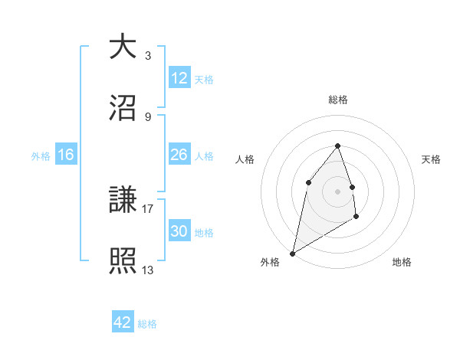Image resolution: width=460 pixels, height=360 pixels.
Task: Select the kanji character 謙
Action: [x=123, y=201]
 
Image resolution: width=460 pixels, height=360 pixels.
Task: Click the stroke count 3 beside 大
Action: [x=148, y=56]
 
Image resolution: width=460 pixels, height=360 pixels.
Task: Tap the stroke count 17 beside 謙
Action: [x=148, y=208]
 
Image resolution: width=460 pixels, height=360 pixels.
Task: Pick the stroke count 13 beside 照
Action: [x=148, y=269]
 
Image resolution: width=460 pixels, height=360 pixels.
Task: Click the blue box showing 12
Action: [x=179, y=78]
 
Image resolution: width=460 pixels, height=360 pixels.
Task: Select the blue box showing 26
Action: [x=179, y=155]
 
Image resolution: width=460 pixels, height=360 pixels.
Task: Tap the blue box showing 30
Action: [x=179, y=231]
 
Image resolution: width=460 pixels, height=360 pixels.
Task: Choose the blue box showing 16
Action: [x=66, y=155]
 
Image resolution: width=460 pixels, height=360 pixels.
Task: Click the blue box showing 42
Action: [x=123, y=322]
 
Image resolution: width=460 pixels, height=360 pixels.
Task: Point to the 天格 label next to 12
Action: [x=204, y=79]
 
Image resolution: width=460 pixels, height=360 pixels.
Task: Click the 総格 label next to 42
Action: [x=147, y=323]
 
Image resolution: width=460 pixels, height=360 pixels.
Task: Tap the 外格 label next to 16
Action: [x=41, y=155]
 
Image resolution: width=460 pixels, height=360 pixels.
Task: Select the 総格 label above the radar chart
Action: [x=338, y=100]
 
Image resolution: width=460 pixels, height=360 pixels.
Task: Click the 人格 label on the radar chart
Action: [x=245, y=159]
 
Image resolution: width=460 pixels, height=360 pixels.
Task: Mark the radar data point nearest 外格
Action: [x=293, y=253]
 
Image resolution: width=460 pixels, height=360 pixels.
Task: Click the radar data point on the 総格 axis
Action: [x=338, y=146]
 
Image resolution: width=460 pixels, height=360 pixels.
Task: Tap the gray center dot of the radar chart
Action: [x=338, y=191]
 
